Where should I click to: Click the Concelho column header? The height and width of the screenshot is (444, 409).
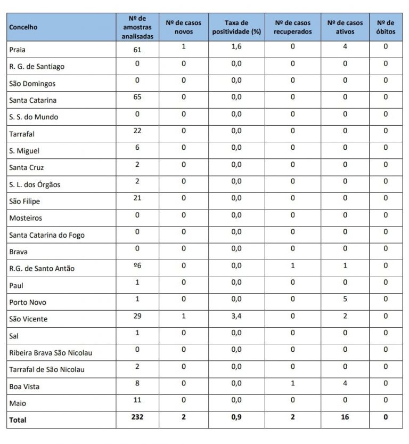coord(23,28)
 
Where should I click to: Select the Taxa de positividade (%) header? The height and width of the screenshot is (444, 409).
coord(236,27)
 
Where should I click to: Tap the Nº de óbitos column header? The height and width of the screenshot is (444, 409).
coord(385,27)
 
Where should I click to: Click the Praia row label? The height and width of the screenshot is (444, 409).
coord(18,50)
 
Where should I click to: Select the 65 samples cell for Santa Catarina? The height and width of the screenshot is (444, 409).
coord(137,97)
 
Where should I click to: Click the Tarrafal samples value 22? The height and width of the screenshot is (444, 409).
coord(137,131)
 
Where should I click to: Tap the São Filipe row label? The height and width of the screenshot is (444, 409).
coord(24,201)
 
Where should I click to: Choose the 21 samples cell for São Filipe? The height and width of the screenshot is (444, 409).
coord(137,198)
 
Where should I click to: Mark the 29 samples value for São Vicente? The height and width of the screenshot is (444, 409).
coord(137,316)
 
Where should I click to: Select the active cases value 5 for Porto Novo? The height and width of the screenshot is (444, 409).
coord(345,299)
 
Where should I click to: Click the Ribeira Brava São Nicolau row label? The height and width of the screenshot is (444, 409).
coord(51,353)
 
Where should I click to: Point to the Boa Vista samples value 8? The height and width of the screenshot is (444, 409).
coord(137,383)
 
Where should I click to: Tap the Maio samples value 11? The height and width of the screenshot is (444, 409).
coord(137,400)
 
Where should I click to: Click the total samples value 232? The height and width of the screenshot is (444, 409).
coord(137,417)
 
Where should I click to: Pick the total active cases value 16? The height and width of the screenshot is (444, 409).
coord(345,417)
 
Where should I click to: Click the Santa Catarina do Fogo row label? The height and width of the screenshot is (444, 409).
coord(47,235)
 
